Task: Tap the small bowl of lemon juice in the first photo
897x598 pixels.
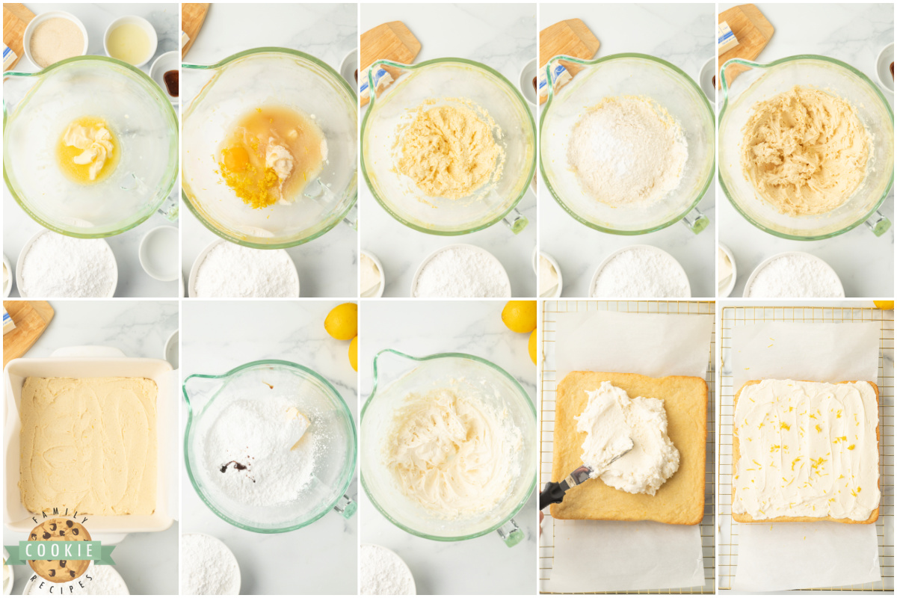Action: (130, 40)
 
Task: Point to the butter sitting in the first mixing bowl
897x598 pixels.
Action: (88, 145)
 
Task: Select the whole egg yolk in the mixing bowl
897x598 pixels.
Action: (237, 158)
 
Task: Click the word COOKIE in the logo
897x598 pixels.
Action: (59, 551)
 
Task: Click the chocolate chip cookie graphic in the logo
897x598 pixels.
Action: (60, 534)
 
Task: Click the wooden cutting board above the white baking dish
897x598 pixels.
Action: (26, 326)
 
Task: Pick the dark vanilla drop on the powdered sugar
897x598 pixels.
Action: (234, 466)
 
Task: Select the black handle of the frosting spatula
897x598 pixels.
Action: (555, 492)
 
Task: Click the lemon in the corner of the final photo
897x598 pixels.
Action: (884, 304)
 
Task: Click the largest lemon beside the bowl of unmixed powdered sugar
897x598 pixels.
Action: (341, 321)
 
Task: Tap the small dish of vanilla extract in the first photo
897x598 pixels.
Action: (170, 82)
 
